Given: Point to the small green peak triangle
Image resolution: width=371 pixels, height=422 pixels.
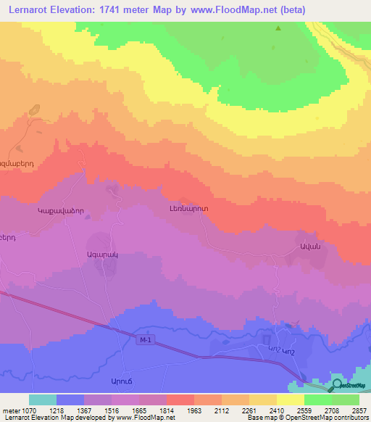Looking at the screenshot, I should [x=278, y=28].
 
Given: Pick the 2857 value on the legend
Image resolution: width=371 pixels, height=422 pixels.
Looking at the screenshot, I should [x=359, y=410].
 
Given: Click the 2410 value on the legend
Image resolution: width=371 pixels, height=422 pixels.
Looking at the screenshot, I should [x=277, y=410].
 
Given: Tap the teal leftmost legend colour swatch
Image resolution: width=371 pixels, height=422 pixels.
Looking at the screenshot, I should [x=43, y=400].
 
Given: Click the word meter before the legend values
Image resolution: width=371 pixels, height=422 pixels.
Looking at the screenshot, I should [x=11, y=410].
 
